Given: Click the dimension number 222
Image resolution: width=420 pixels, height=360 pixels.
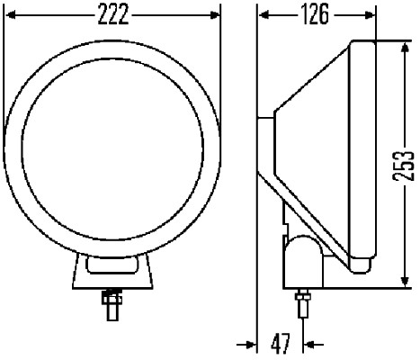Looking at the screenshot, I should (x=112, y=14).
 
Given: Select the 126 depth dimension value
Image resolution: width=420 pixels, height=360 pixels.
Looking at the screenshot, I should (x=315, y=14).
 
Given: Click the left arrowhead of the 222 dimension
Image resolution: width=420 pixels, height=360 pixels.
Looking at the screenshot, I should (x=11, y=14).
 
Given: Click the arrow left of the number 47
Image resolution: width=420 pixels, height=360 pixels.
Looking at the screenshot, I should (x=248, y=343).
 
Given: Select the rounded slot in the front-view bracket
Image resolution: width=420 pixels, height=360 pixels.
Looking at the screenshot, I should (x=112, y=265).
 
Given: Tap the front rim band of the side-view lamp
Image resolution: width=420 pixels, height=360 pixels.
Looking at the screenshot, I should (x=362, y=153).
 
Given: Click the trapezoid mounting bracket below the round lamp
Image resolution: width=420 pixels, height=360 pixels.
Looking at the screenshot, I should (x=112, y=270).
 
